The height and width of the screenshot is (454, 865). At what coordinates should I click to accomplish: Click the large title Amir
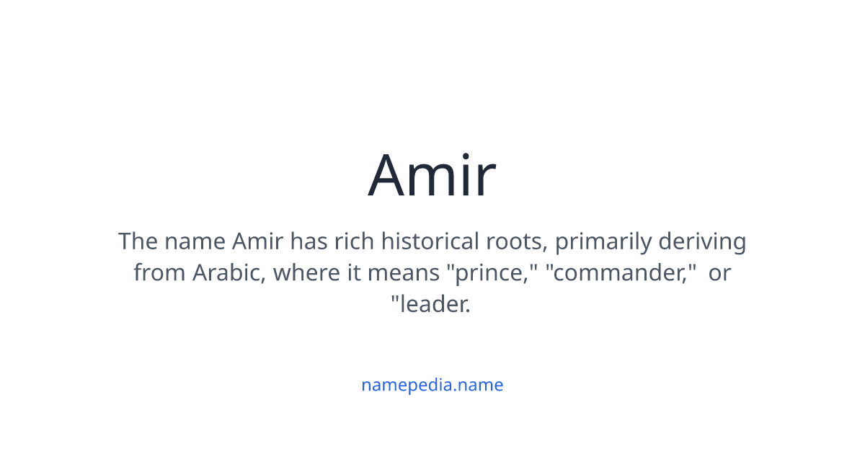pos(432,175)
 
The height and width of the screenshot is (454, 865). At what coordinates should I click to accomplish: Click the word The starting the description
pos(137,241)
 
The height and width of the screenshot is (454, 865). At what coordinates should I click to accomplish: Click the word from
pos(159,273)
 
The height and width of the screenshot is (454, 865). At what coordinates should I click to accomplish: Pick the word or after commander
pos(719,273)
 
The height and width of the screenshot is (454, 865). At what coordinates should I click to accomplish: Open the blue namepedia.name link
pos(432,385)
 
